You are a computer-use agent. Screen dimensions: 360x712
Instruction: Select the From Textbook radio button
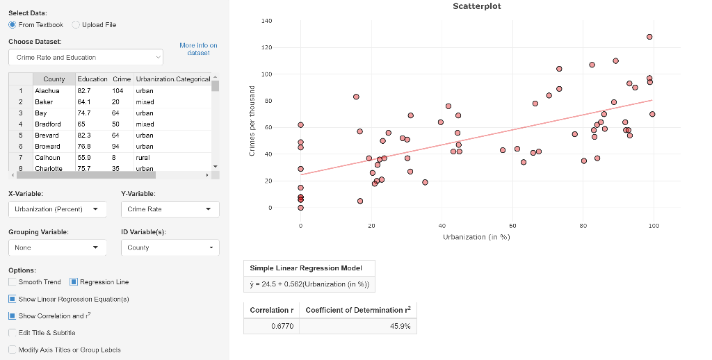click(x=13, y=25)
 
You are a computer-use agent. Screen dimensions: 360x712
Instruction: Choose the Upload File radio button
click(x=76, y=25)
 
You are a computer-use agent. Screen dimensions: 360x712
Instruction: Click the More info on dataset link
click(x=198, y=49)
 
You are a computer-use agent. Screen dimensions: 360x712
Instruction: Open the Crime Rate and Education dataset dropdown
click(x=86, y=57)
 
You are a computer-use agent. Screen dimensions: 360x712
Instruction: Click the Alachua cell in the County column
click(x=47, y=90)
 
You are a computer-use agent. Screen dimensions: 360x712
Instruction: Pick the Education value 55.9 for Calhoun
click(x=84, y=157)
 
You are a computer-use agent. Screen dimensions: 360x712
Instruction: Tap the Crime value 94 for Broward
click(x=116, y=146)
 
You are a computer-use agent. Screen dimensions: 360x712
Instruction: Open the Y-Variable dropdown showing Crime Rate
click(x=170, y=208)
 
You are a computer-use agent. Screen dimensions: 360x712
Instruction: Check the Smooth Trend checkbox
click(x=13, y=282)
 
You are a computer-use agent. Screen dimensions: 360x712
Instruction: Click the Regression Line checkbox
click(x=74, y=282)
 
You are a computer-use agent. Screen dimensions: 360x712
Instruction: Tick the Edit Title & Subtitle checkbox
click(x=13, y=332)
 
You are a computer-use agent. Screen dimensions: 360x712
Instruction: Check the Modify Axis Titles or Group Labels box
click(x=13, y=350)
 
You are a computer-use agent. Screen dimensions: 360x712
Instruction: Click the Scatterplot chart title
click(x=476, y=6)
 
